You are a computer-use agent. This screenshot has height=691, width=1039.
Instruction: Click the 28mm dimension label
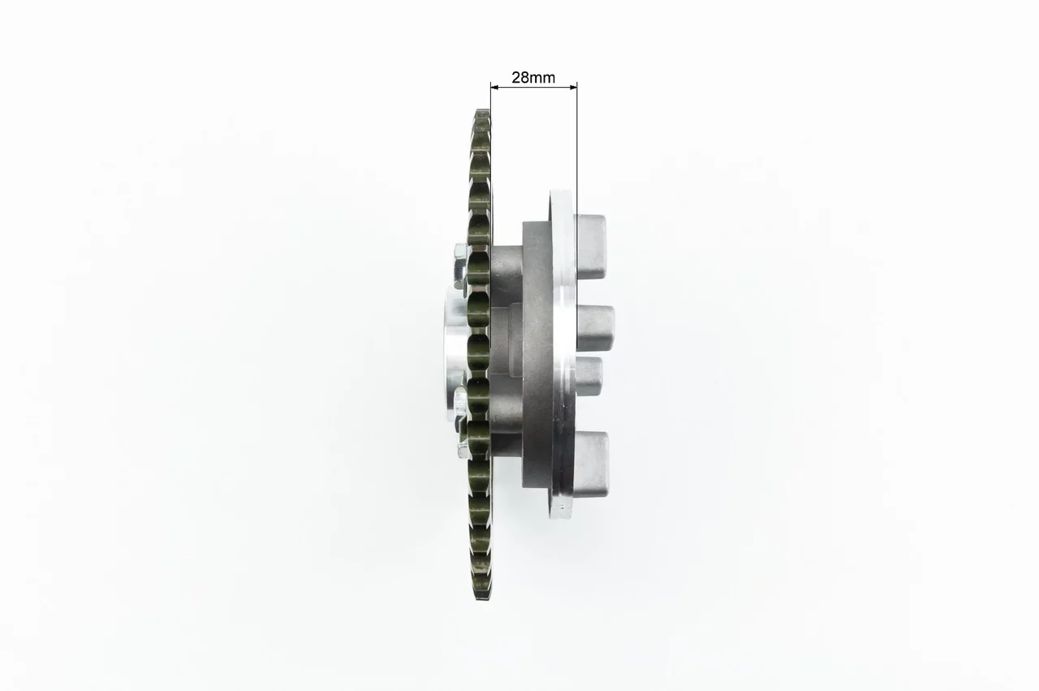click(533, 77)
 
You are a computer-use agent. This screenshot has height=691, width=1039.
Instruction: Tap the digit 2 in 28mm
click(515, 77)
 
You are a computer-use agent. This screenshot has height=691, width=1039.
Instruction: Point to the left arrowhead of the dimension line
click(494, 87)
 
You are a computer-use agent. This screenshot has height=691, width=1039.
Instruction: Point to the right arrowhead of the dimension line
click(573, 87)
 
